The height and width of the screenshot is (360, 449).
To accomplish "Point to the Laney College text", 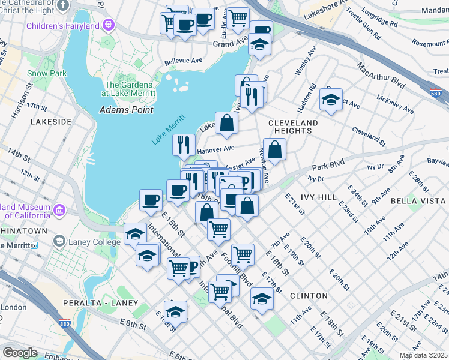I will [x=80, y=241].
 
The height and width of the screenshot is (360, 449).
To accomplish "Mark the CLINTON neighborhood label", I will [x=309, y=296].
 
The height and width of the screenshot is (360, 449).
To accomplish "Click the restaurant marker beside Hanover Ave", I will [x=184, y=144].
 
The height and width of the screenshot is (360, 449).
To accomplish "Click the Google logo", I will [x=20, y=353].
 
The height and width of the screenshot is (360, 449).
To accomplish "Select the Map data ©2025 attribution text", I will [x=423, y=355].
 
